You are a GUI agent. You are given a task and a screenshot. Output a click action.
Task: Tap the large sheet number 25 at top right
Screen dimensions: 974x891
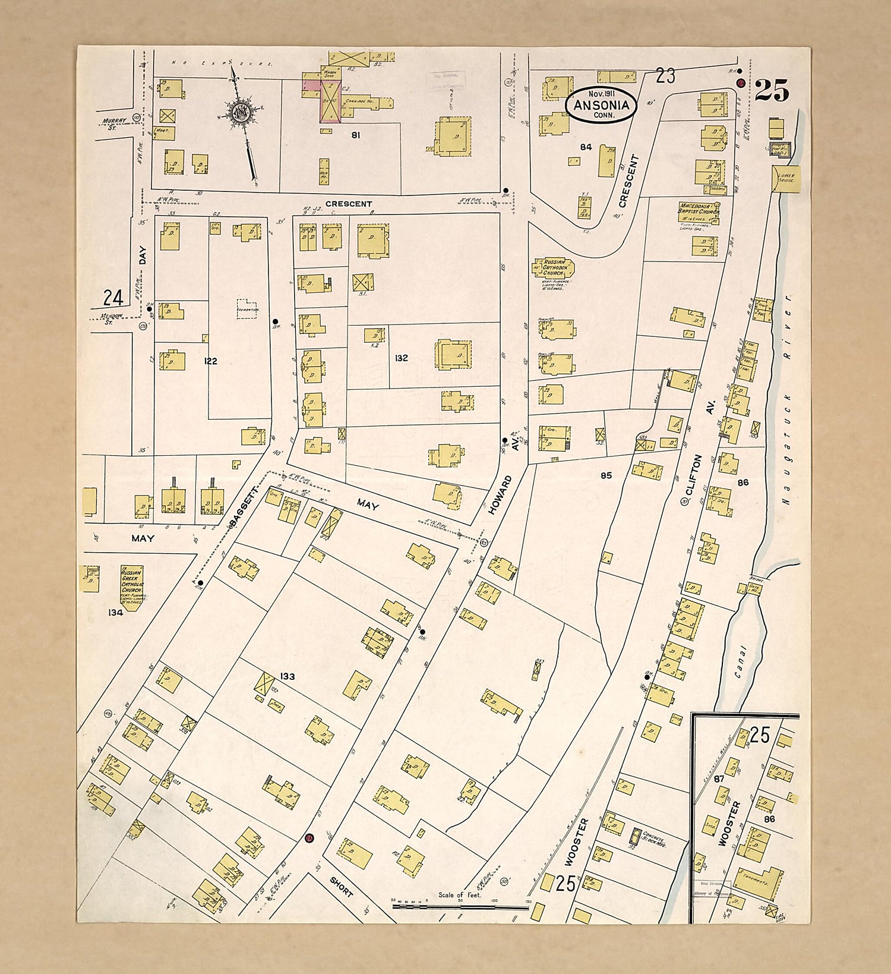tap(772, 91)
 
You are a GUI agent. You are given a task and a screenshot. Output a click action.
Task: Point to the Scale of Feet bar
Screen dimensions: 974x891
tap(460, 907)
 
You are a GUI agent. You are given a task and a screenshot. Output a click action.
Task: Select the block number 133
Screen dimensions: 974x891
tap(287, 676)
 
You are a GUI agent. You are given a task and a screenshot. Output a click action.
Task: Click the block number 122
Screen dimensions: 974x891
tap(210, 361)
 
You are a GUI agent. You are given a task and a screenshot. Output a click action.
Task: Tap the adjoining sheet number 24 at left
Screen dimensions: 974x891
tap(113, 297)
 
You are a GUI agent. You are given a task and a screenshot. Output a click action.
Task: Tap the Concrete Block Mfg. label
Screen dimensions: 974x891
tap(653, 839)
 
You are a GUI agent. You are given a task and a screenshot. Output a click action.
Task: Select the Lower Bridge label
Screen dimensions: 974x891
tap(785, 177)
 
